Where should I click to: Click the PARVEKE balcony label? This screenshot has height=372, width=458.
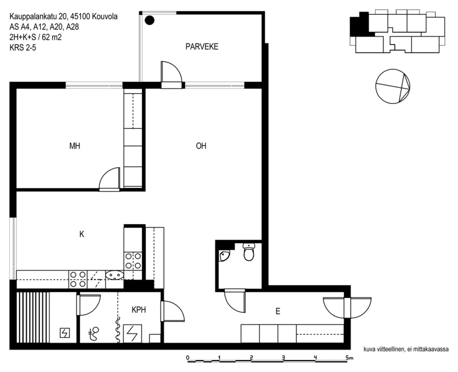[x=202, y=46]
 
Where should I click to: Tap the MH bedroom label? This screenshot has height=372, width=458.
[x=74, y=146]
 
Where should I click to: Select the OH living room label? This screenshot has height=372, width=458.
[x=201, y=146]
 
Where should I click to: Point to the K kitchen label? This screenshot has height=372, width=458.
[x=82, y=234]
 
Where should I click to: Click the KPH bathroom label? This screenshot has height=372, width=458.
[x=139, y=310]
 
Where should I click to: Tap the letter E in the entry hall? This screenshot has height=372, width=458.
[x=278, y=311]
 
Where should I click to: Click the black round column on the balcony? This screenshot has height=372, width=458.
[x=150, y=21]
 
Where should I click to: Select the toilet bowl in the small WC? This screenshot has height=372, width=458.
[x=249, y=252]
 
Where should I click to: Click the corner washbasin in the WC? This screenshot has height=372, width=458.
[x=224, y=256]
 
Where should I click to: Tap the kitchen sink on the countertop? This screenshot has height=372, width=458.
[x=114, y=275]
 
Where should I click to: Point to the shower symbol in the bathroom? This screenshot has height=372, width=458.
[x=94, y=334]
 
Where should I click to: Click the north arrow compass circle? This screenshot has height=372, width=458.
[x=393, y=86]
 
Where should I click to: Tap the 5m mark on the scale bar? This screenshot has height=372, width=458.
[x=349, y=358]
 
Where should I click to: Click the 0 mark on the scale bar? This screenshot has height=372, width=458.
[x=188, y=358]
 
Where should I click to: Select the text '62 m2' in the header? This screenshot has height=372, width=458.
[x=52, y=37]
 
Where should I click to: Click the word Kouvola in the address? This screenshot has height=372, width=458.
[x=105, y=16]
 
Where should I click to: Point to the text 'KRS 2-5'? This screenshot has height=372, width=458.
[x=23, y=47]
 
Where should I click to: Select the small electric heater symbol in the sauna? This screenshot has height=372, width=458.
[x=65, y=333]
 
